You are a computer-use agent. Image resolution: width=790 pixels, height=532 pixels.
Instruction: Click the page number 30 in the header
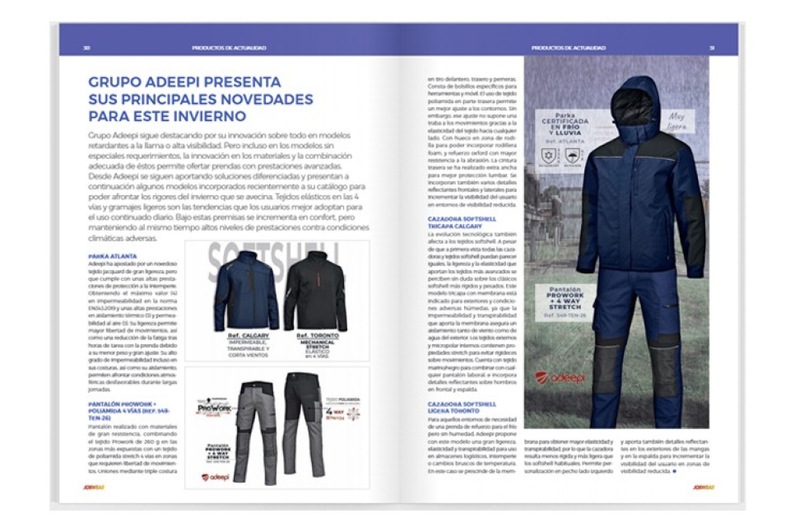point(86,48)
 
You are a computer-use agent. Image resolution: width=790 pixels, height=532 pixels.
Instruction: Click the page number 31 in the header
point(712,48)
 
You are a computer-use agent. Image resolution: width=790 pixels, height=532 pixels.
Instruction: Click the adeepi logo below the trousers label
point(215,476)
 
